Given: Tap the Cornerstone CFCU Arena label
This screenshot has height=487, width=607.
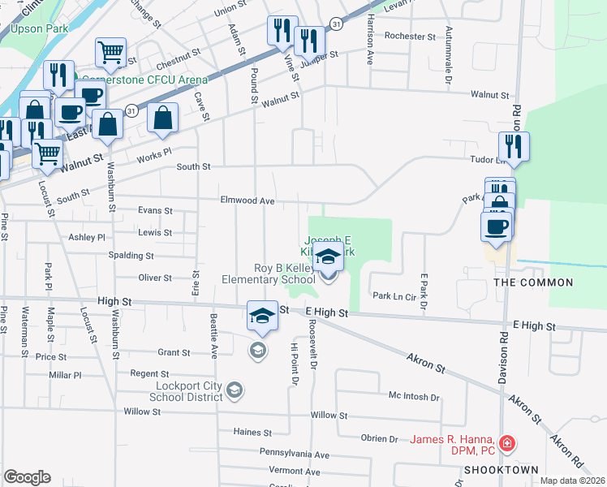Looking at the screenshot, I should click(x=143, y=80).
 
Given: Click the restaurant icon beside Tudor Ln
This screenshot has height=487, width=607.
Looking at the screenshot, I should click(x=514, y=146).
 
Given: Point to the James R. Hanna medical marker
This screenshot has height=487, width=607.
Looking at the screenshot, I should click(x=506, y=443).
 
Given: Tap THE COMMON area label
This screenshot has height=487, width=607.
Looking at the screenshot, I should click(x=534, y=283).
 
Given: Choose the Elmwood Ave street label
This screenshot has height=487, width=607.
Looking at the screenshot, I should click(x=248, y=200).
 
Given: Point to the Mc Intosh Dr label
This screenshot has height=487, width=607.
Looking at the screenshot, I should click(x=414, y=398).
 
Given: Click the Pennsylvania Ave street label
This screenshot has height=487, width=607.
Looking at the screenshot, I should click(x=295, y=455).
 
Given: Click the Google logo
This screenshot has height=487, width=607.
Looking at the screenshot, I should click(x=28, y=477).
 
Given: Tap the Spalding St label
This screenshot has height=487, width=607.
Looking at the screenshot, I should click(x=131, y=255).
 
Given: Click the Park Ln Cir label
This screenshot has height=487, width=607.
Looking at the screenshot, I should click(x=394, y=298).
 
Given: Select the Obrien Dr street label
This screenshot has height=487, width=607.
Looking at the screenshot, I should click(x=379, y=438).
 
